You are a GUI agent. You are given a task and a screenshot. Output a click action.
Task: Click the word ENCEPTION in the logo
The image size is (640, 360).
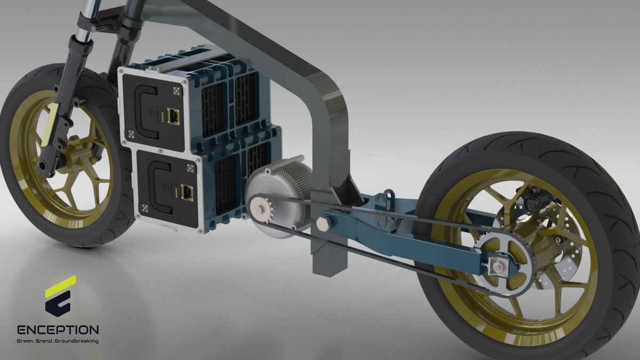(58, 330)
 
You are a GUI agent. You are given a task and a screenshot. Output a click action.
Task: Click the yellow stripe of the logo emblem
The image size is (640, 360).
(61, 286)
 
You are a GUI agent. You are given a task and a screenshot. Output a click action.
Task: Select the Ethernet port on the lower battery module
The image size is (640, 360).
(187, 191)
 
